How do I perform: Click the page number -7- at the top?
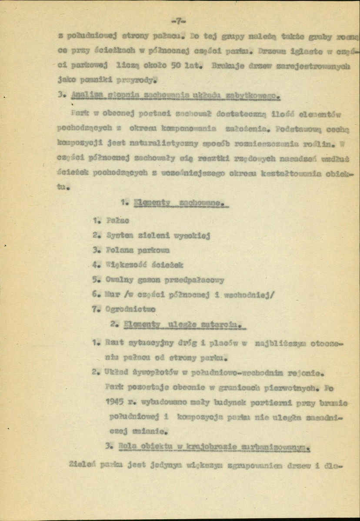(x=178, y=20)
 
